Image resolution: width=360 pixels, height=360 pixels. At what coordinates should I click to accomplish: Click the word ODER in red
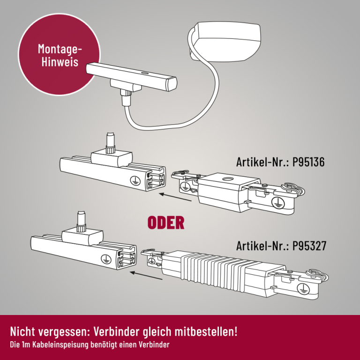pos(166,223)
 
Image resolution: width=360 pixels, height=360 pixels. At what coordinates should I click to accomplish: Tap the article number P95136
pos(308,162)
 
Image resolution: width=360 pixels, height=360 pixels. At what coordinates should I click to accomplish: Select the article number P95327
pos(309,246)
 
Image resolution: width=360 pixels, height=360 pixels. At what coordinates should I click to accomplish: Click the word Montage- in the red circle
pos(60,49)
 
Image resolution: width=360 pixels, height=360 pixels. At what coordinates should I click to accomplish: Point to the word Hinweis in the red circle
pos(60,62)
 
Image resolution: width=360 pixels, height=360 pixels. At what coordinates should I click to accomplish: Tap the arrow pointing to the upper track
pos(175,197)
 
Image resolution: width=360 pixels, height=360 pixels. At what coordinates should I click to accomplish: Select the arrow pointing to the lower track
pos(146,276)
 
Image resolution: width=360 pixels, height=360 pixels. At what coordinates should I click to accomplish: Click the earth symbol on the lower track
pos(106,259)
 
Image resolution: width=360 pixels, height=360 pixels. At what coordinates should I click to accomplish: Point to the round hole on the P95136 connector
pos(228,179)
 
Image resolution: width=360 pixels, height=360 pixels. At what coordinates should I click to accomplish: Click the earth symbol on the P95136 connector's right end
pos(278,202)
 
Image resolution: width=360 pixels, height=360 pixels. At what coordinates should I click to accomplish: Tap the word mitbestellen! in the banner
pos(206,331)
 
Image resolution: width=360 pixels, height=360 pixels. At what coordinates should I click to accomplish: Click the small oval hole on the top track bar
pos(145,73)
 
